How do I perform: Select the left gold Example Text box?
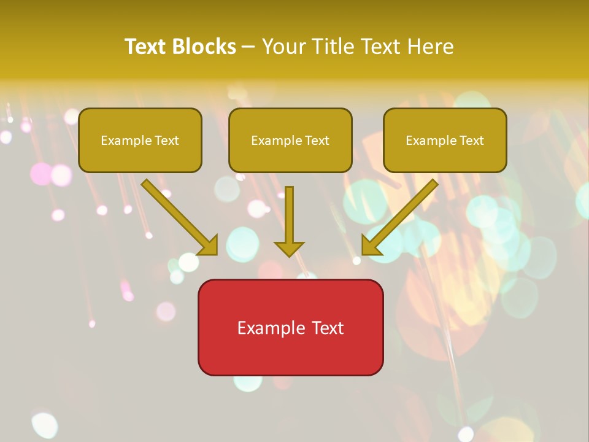[140, 140]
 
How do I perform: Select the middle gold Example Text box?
[290, 140]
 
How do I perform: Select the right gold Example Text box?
[445, 140]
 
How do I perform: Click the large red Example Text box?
[290, 327]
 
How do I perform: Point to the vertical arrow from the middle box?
[289, 215]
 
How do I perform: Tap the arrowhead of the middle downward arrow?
[289, 248]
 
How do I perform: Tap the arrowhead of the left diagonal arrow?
[209, 246]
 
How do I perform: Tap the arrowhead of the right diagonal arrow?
[371, 246]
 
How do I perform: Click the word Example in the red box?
[271, 328]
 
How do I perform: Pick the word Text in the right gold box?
[471, 141]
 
